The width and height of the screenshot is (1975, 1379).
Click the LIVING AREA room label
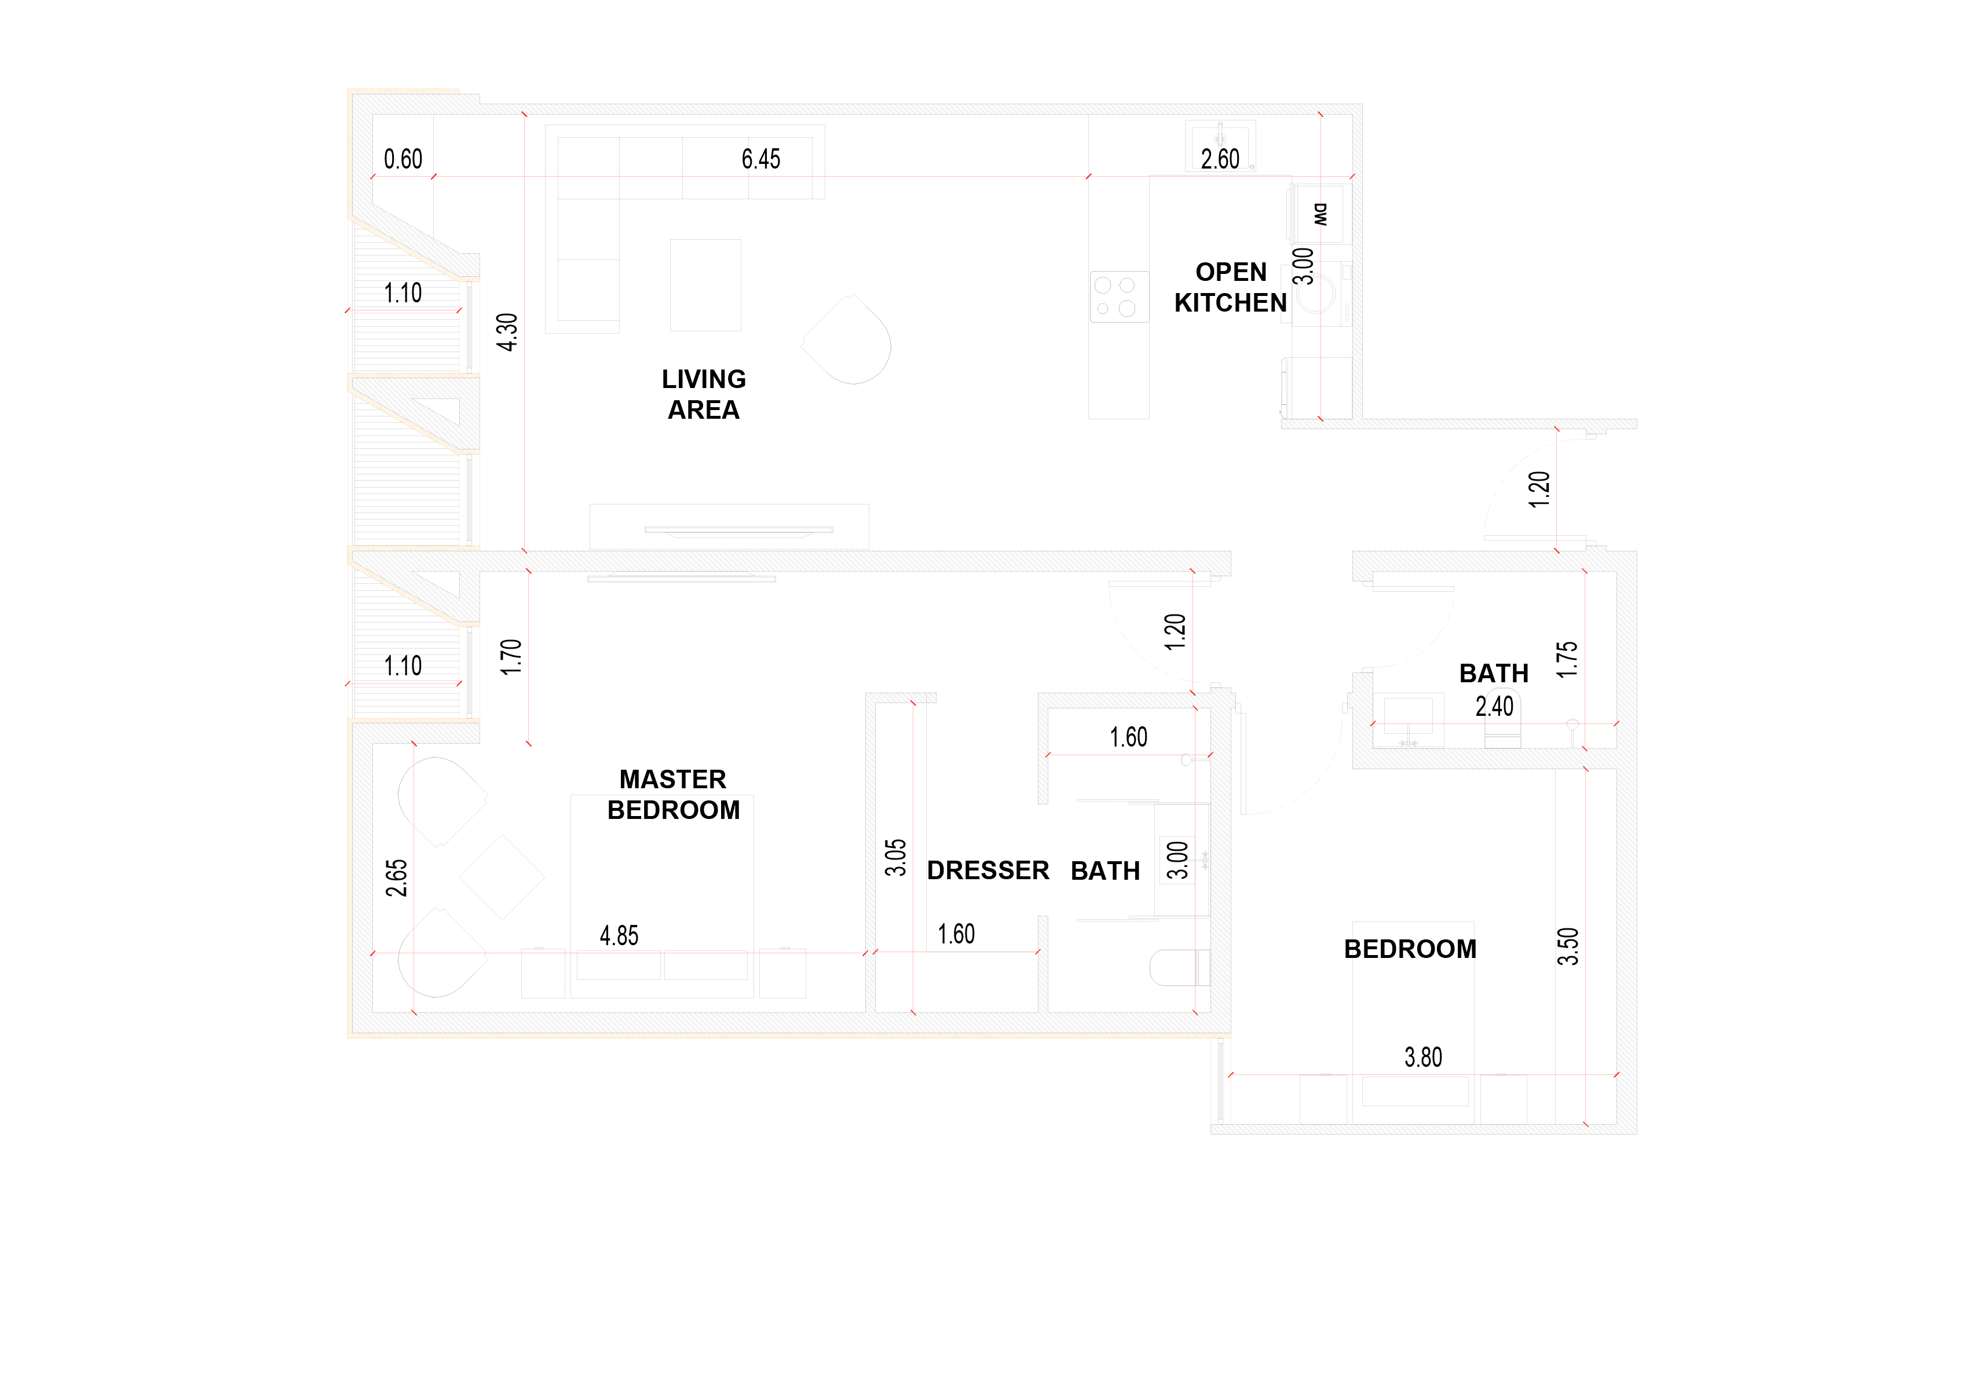[704, 394]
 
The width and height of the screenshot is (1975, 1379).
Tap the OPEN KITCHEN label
[1230, 287]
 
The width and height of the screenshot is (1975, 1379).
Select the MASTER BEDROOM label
[674, 794]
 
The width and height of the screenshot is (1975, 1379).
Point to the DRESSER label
[988, 870]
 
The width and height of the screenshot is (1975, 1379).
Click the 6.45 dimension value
[760, 159]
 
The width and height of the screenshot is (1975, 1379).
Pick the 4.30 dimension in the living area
[507, 332]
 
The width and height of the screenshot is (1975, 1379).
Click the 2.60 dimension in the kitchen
[1220, 159]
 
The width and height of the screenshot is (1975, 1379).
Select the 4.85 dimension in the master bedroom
[619, 935]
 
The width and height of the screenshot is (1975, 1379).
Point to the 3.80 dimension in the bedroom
[1423, 1056]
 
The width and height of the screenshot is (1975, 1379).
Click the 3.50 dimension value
[1568, 946]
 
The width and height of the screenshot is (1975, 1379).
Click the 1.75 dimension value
[1567, 660]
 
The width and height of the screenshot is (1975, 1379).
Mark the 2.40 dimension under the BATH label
[1494, 706]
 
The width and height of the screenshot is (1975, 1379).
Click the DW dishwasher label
[1321, 214]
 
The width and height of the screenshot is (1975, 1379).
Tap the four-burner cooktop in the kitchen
[1119, 297]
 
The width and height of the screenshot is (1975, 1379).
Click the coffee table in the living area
[705, 285]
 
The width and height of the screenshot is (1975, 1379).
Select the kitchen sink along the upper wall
[1220, 145]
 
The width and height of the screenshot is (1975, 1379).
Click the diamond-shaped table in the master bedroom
[502, 877]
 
